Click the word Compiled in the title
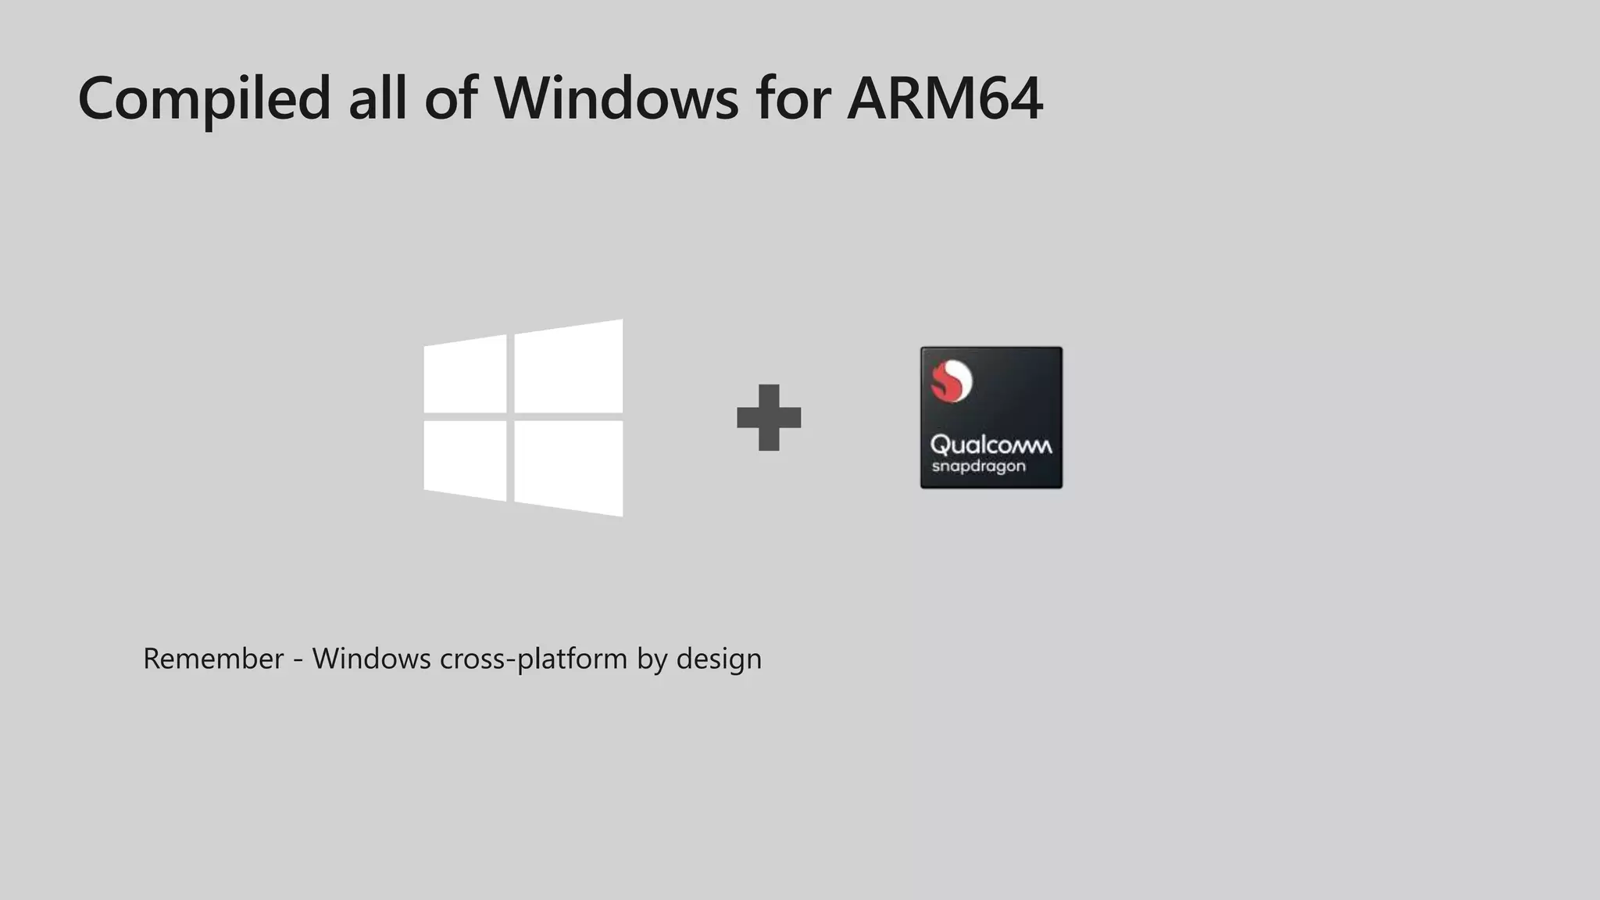click(205, 98)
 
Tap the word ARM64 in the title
click(945, 98)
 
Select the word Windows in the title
click(616, 98)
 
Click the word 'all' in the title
click(377, 98)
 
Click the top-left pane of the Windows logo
click(466, 374)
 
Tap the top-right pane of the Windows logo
click(569, 366)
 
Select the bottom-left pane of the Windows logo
click(466, 460)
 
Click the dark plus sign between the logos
click(769, 417)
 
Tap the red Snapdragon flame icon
click(952, 381)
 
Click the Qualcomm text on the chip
click(991, 445)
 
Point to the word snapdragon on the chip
click(978, 467)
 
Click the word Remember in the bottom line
click(213, 659)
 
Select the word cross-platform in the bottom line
click(534, 659)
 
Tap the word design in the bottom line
click(719, 659)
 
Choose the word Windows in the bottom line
click(371, 659)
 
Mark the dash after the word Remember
click(298, 661)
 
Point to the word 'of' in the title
click(451, 98)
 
